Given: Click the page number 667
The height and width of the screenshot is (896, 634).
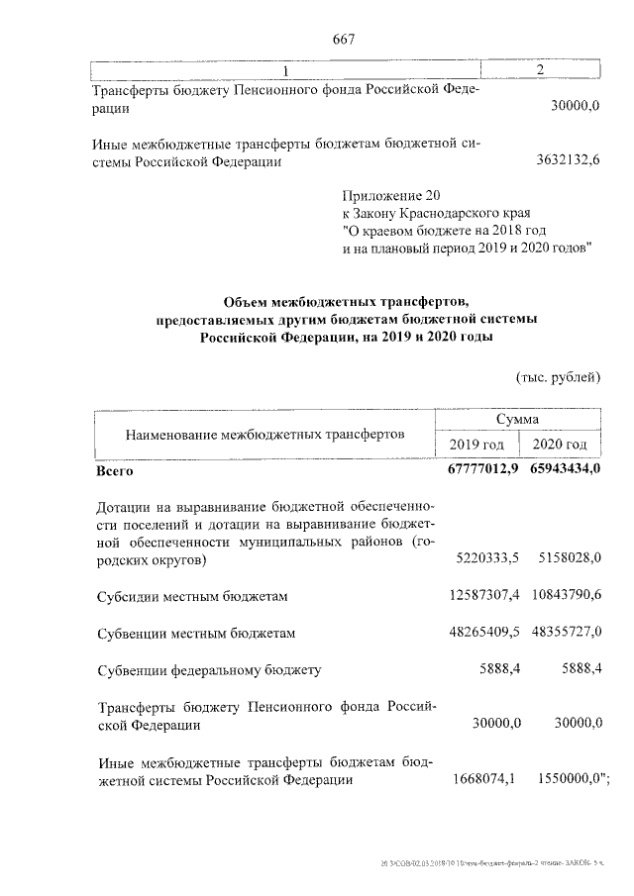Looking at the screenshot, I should pyautogui.click(x=344, y=39).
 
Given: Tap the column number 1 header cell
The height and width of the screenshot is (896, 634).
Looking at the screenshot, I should pyautogui.click(x=285, y=70).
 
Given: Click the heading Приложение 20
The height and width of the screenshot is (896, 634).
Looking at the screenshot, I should pyautogui.click(x=386, y=195).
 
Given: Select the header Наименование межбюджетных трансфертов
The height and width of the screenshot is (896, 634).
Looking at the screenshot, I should pyautogui.click(x=264, y=434).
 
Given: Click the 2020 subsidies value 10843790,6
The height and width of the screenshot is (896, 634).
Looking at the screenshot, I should pyautogui.click(x=567, y=595).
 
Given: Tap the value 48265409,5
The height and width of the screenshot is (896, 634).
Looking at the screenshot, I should pyautogui.click(x=485, y=632).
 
